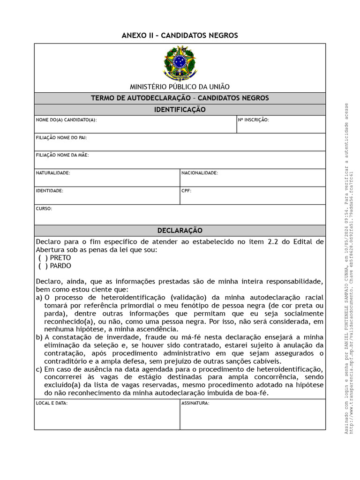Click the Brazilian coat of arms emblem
180,62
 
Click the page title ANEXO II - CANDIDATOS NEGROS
180,36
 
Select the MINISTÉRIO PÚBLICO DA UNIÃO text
180,86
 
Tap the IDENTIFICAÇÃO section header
180,110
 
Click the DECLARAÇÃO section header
180,231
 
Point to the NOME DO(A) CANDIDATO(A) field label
66,120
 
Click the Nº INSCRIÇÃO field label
253,120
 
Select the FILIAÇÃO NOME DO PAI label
61,138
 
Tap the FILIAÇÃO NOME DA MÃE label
62,155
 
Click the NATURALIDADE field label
53,173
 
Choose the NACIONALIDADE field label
200,173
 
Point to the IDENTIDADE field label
49,191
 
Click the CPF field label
187,191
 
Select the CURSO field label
44,209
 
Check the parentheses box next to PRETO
43,258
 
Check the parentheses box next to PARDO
43,266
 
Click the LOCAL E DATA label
52,403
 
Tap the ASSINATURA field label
195,403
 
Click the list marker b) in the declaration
39,337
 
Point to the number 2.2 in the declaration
273,242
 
